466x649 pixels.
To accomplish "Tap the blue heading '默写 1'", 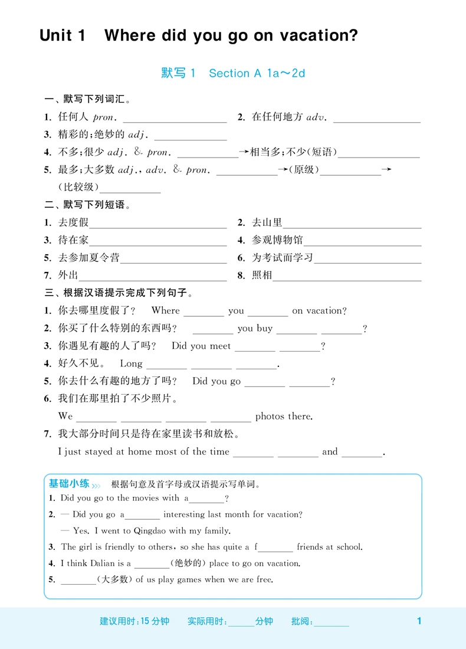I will [x=178, y=73].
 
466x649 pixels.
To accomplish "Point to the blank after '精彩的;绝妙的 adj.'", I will [x=190, y=136].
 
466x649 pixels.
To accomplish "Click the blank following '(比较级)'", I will [x=130, y=189].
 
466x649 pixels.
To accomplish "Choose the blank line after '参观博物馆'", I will [x=363, y=241].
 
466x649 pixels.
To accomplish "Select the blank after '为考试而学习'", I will [x=367, y=259].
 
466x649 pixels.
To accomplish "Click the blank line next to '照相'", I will [x=347, y=277].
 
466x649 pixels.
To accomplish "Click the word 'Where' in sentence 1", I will [x=166, y=311].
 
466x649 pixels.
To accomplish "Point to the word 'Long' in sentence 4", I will [x=131, y=364].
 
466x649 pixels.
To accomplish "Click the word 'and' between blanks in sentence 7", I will [x=330, y=452].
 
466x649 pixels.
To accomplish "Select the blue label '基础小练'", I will [x=69, y=484].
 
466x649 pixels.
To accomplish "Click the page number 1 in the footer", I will [x=419, y=621].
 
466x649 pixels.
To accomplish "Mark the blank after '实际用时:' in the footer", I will [x=241, y=622].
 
